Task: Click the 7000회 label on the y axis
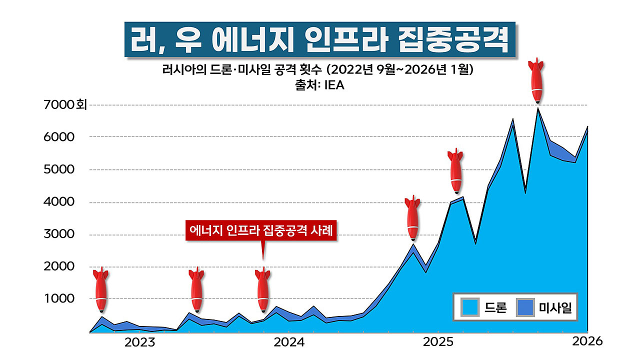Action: point(65,105)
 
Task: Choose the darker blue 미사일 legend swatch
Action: point(525,307)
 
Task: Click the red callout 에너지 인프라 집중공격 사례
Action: point(262,230)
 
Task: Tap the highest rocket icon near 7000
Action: point(537,81)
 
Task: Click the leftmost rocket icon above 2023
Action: point(101,290)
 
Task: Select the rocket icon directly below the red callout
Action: point(263,290)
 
